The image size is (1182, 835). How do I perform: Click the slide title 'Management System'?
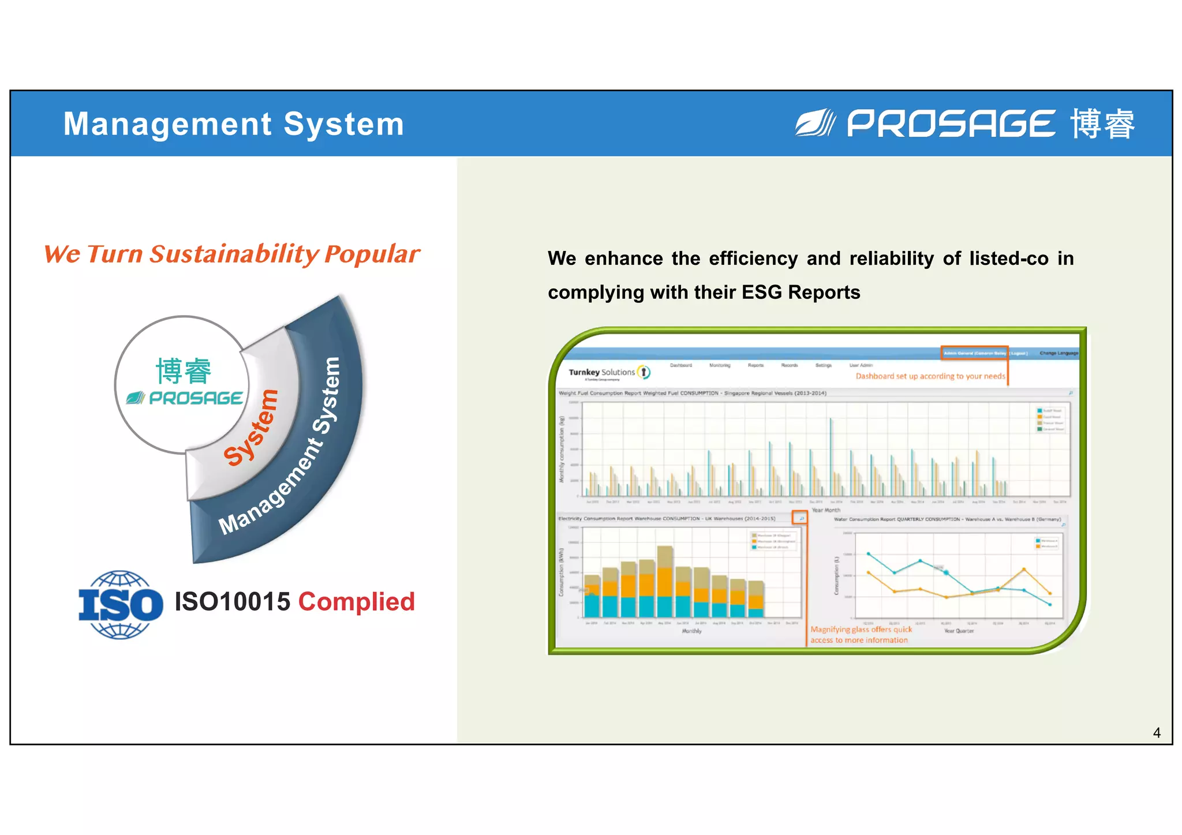[234, 124]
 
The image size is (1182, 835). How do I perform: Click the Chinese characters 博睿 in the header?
[1102, 123]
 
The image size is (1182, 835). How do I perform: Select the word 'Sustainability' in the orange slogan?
[234, 254]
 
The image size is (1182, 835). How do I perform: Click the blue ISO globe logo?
[121, 604]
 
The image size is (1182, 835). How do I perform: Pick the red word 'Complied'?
[357, 602]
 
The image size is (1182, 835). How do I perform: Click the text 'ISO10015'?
[233, 602]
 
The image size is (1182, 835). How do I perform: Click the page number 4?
[1157, 733]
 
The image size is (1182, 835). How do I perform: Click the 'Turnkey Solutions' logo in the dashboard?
[608, 373]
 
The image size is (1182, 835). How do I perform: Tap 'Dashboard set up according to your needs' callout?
[930, 376]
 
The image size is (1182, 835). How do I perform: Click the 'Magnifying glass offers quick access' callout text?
[861, 635]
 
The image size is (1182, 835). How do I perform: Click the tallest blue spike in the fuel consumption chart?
[831, 456]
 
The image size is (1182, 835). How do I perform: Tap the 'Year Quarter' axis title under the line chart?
[959, 631]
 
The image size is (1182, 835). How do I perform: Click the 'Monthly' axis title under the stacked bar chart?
[691, 631]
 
